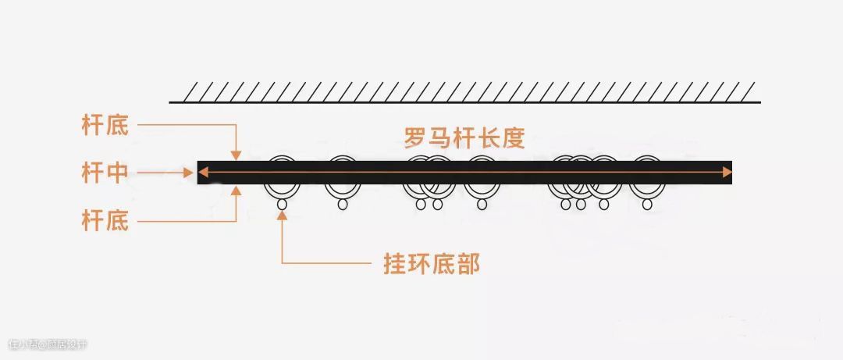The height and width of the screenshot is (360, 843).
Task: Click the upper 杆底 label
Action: click(105, 125)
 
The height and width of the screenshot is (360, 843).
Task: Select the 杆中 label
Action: click(105, 173)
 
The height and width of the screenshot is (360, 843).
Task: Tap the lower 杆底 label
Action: click(105, 221)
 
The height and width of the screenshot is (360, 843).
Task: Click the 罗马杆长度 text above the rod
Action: click(464, 138)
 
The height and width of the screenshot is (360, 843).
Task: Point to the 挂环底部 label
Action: click(431, 263)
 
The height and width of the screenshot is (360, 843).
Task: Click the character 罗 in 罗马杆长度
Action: click(415, 138)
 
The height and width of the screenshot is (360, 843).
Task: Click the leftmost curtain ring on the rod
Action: click(282, 178)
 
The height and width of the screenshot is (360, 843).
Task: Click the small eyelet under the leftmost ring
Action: click(282, 205)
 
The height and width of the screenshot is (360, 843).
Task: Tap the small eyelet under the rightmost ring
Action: click(647, 205)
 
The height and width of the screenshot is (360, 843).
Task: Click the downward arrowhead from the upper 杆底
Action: click(236, 155)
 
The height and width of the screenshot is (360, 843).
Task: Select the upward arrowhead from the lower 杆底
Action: click(236, 190)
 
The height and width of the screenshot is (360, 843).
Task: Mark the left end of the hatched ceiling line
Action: click(171, 102)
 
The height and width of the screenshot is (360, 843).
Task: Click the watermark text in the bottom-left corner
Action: click(48, 344)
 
